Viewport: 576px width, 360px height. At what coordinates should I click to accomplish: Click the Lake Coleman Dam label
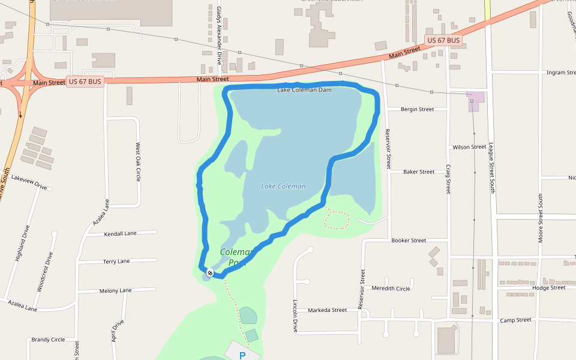point(304,90)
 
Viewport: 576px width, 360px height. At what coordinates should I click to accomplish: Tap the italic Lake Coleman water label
point(283,186)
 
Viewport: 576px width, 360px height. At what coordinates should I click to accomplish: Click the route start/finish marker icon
point(210,273)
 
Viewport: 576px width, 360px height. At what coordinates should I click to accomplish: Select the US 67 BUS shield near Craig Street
point(444,40)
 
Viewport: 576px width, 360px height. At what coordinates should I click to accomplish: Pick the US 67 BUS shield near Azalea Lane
point(85,82)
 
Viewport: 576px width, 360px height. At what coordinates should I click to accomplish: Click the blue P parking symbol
point(242,356)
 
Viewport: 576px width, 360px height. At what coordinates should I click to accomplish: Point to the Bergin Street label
point(417,109)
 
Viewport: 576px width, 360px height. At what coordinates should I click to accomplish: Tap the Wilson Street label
point(469,147)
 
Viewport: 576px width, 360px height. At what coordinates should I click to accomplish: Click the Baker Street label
point(419,172)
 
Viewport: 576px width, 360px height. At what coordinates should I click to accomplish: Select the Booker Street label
point(409,241)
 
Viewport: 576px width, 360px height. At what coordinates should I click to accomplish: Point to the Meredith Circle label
point(391,289)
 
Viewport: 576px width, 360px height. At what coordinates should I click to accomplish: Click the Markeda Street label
point(327,310)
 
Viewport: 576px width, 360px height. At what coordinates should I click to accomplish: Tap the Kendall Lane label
point(120,233)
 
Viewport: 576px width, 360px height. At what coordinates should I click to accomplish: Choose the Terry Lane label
point(116,262)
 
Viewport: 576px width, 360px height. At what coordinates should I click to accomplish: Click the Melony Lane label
point(116,290)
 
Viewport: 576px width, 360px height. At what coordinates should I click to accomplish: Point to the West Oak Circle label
point(138,162)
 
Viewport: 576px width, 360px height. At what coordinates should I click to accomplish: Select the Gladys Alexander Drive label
point(219,36)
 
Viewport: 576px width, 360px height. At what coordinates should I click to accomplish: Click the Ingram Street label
point(561,73)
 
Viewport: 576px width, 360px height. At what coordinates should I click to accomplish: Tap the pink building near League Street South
point(475,101)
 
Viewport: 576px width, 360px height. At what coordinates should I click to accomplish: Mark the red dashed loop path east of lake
point(337,220)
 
